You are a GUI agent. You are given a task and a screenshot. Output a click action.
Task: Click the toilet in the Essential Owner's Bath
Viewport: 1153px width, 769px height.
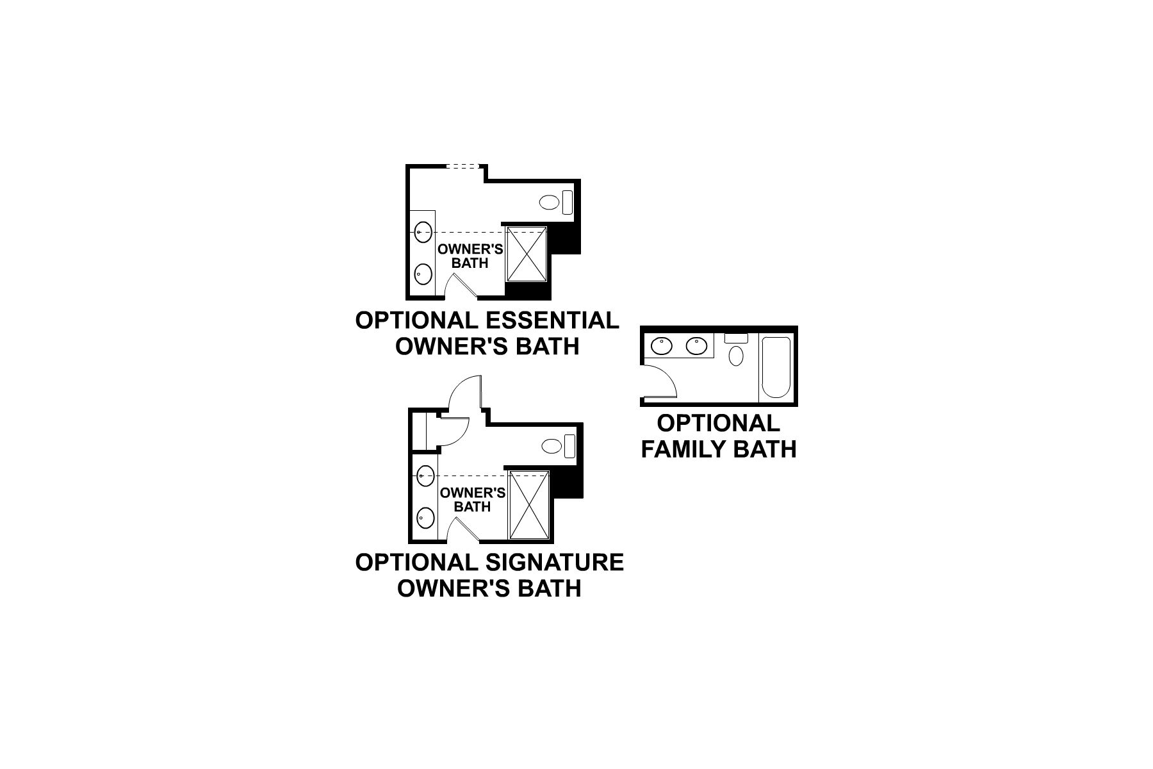pyautogui.click(x=549, y=203)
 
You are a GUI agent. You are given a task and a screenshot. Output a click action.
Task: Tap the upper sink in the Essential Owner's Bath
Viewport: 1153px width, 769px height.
pyautogui.click(x=422, y=232)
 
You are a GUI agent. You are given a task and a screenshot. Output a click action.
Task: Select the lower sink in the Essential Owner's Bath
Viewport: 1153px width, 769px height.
pyautogui.click(x=422, y=274)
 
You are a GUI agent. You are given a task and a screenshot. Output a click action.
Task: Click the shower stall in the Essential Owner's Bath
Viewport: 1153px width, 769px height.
pyautogui.click(x=526, y=254)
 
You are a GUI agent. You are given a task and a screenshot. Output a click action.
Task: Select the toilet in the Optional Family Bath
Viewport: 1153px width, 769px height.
pyautogui.click(x=737, y=355)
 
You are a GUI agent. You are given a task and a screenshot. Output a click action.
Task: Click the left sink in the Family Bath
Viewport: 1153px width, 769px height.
pyautogui.click(x=660, y=346)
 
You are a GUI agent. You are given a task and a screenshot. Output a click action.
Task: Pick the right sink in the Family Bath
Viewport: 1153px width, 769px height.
pyautogui.click(x=696, y=346)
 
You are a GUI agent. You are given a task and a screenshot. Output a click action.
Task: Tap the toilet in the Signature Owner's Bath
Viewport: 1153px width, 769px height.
pyautogui.click(x=552, y=446)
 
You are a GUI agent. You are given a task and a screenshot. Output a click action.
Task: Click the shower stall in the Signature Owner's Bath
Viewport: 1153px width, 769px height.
pyautogui.click(x=529, y=505)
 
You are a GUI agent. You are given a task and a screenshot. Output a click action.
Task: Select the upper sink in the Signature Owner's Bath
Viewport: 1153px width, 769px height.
pyautogui.click(x=425, y=476)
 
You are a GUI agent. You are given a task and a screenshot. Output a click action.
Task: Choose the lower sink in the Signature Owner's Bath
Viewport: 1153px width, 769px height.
pyautogui.click(x=425, y=517)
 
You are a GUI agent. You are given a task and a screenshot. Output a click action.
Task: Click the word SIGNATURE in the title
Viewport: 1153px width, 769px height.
pyautogui.click(x=555, y=562)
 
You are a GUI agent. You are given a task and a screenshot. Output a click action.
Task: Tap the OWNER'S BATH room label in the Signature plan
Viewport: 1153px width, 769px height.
pyautogui.click(x=473, y=499)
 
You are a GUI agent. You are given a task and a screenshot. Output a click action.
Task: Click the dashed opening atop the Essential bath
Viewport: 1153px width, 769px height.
pyautogui.click(x=463, y=167)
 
